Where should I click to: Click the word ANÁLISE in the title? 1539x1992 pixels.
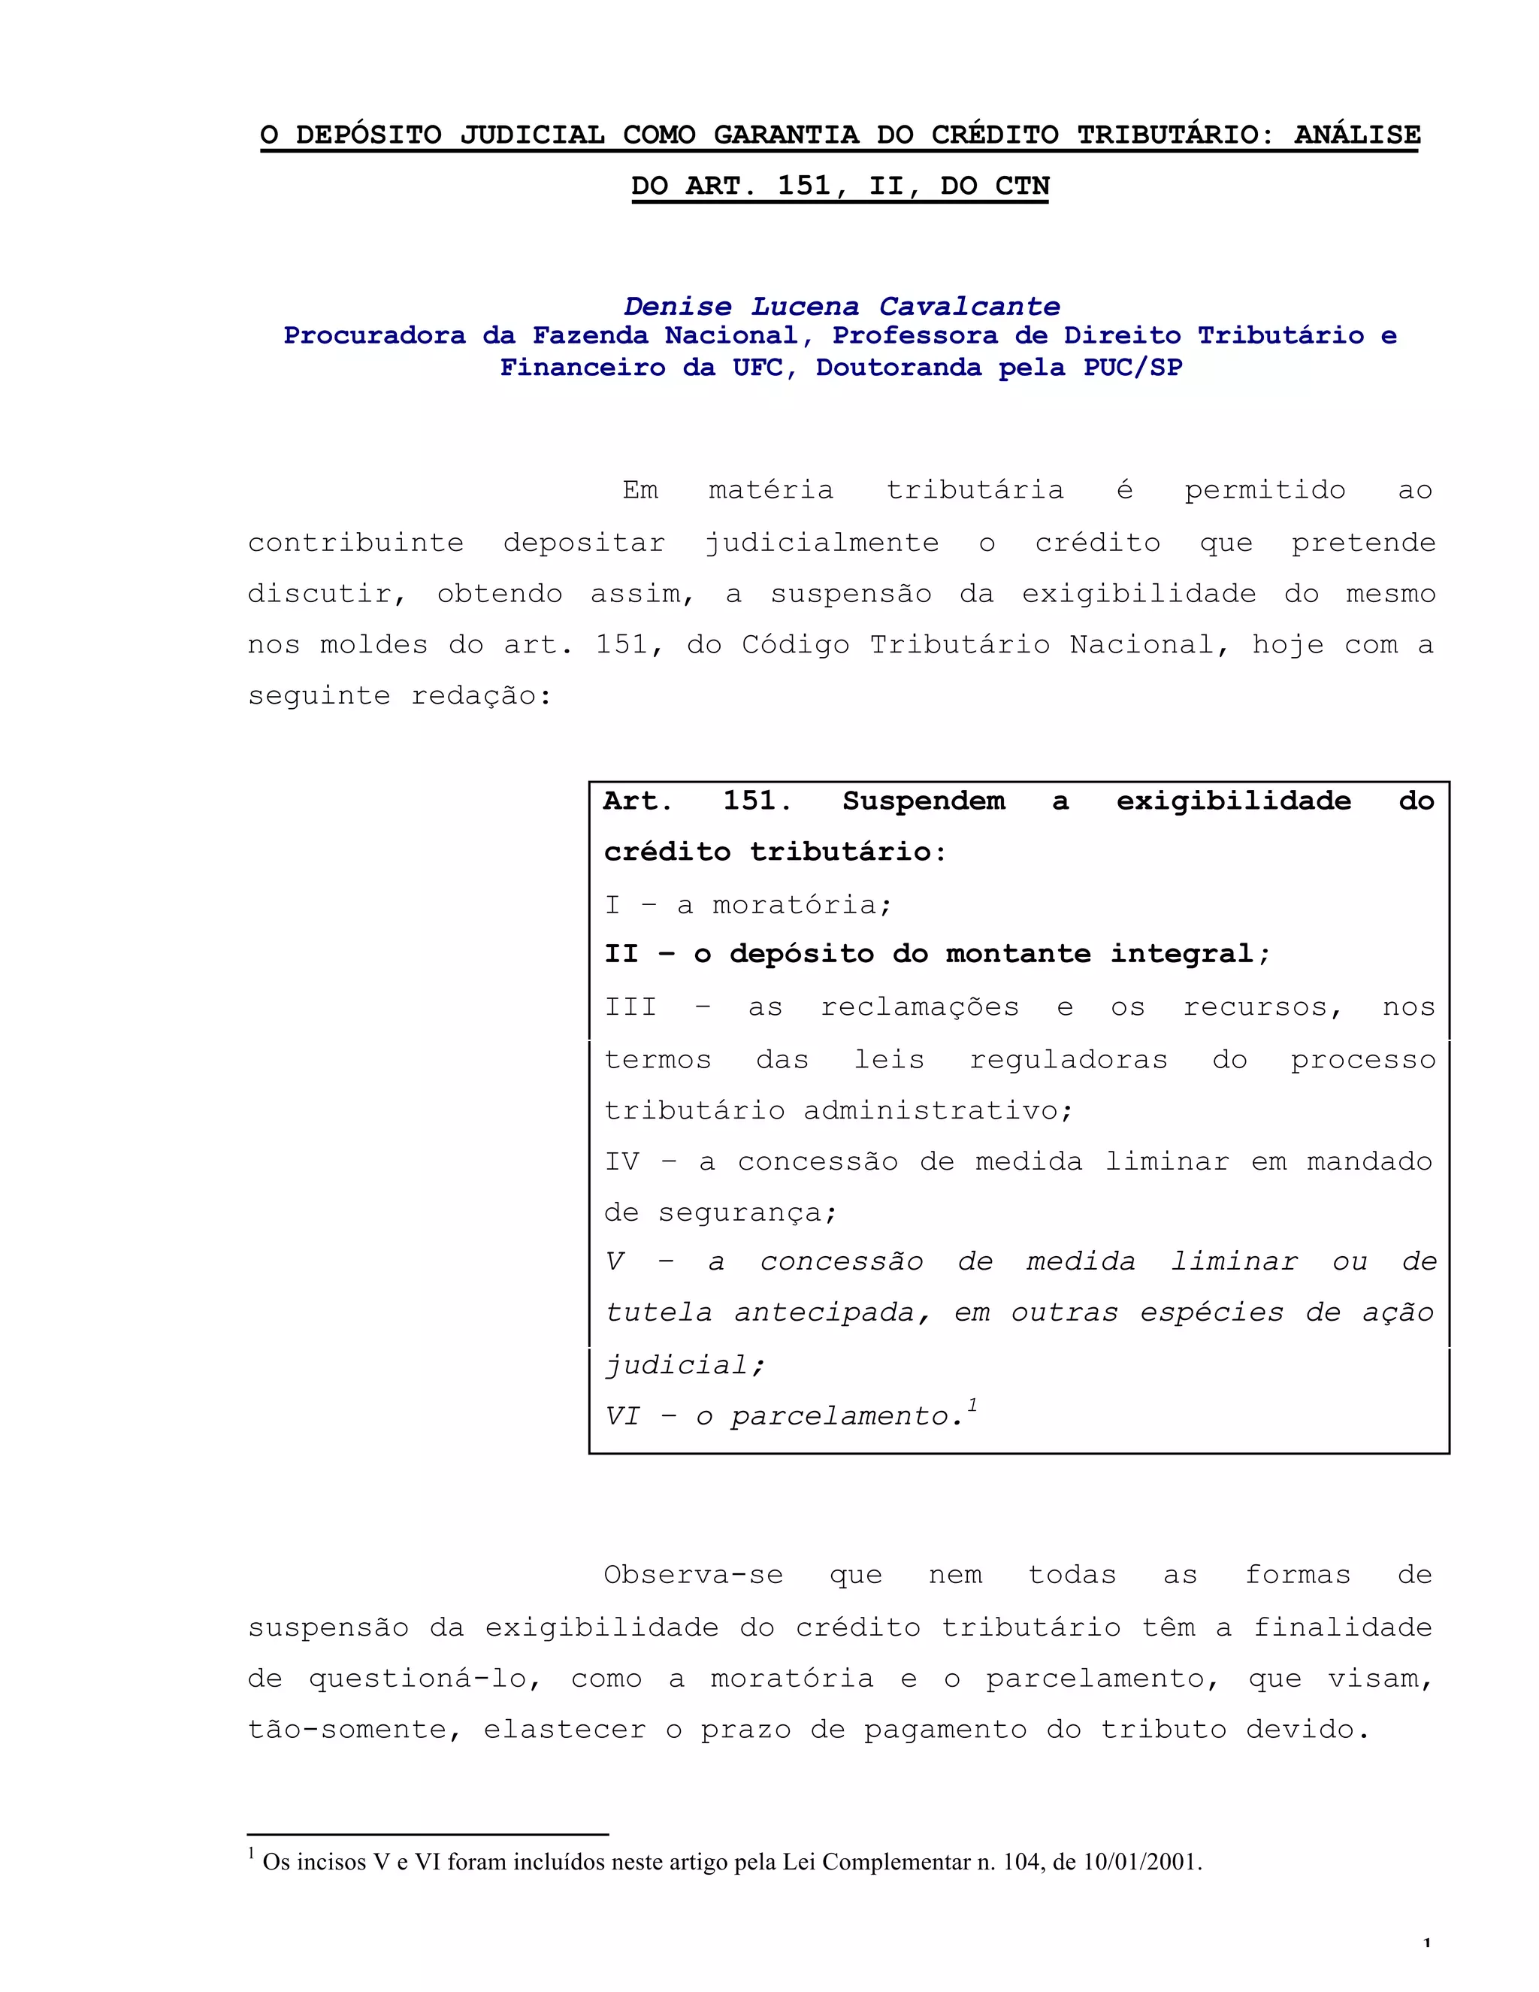[x=1356, y=135]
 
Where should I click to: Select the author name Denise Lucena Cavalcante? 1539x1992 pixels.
[x=842, y=307]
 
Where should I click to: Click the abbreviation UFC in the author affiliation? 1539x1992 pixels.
[x=756, y=368]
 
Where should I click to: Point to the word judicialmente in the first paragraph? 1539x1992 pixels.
[x=821, y=543]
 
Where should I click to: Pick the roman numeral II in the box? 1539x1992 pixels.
[x=621, y=954]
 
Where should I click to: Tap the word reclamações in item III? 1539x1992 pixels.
[x=919, y=1007]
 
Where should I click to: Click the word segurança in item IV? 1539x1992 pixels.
[x=747, y=1213]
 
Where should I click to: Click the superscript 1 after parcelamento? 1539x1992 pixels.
[x=973, y=1406]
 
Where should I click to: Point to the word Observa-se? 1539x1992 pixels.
[x=693, y=1575]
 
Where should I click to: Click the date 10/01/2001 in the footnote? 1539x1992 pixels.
[x=1141, y=1861]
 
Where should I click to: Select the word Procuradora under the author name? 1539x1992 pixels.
[x=373, y=336]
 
